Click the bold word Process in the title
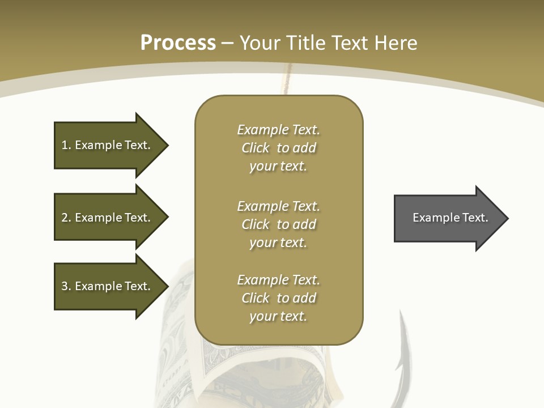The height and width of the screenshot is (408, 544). pyautogui.click(x=178, y=43)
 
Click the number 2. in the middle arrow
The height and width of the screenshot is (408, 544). pyautogui.click(x=66, y=218)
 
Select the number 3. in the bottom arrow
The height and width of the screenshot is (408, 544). pyautogui.click(x=66, y=286)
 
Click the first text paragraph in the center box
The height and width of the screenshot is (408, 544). pyautogui.click(x=278, y=148)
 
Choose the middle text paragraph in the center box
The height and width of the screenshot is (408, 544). pyautogui.click(x=278, y=224)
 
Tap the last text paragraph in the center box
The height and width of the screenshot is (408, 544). pyautogui.click(x=278, y=298)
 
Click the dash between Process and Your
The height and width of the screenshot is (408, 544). pyautogui.click(x=227, y=43)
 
